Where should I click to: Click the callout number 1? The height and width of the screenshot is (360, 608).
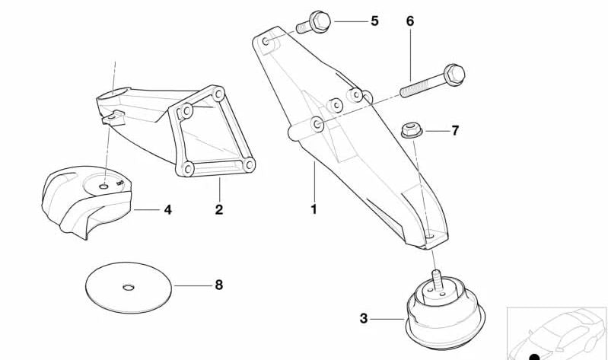[x=313, y=208]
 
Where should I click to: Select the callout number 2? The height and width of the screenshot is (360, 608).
[x=219, y=209]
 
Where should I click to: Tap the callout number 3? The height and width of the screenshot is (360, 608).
[x=364, y=318]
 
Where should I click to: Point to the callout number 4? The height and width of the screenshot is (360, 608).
[x=167, y=208]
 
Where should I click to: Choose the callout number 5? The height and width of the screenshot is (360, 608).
[x=374, y=21]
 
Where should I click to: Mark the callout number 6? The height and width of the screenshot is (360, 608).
[x=410, y=21]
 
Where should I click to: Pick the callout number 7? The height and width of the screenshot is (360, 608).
[x=455, y=131]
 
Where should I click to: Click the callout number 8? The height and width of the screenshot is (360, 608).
[x=218, y=285]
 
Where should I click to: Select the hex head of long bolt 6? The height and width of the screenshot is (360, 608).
[x=454, y=74]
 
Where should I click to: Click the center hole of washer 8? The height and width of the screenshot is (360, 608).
[x=128, y=286]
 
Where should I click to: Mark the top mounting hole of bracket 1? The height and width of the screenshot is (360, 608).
[x=265, y=42]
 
